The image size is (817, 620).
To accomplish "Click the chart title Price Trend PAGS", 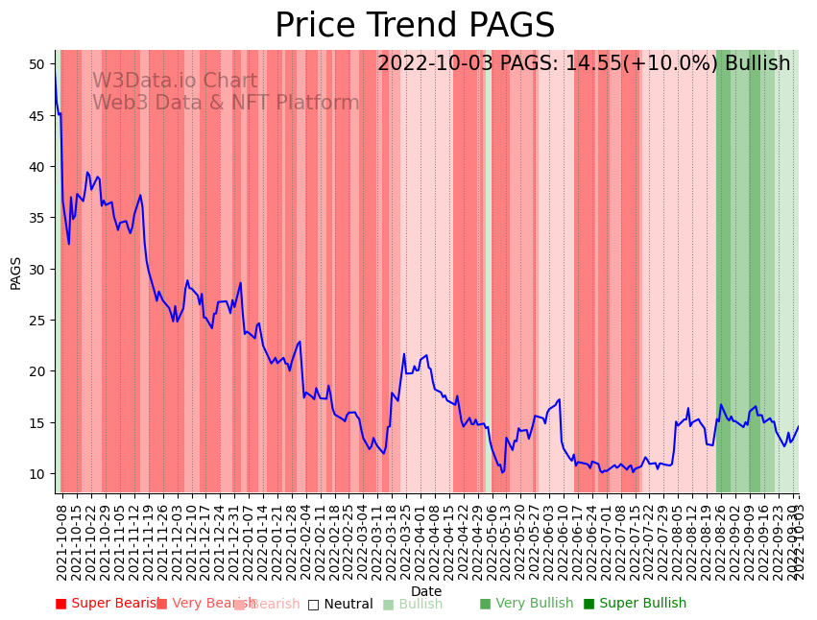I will (415, 26).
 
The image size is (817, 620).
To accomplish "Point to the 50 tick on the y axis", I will (37, 64).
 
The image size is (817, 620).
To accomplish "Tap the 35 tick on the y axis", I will (37, 218).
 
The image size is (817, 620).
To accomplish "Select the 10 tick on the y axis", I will (37, 474).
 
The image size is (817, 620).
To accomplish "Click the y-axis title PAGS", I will (15, 273).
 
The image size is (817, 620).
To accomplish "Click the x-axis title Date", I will (426, 591).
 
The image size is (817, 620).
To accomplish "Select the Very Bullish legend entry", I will (526, 604).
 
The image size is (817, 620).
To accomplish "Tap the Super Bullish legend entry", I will (635, 604).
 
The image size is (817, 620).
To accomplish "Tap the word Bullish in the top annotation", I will (757, 63).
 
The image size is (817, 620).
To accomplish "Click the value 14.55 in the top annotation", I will (581, 63).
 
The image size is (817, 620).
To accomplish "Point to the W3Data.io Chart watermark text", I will (175, 82).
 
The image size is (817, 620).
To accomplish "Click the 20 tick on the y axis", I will (37, 371).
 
